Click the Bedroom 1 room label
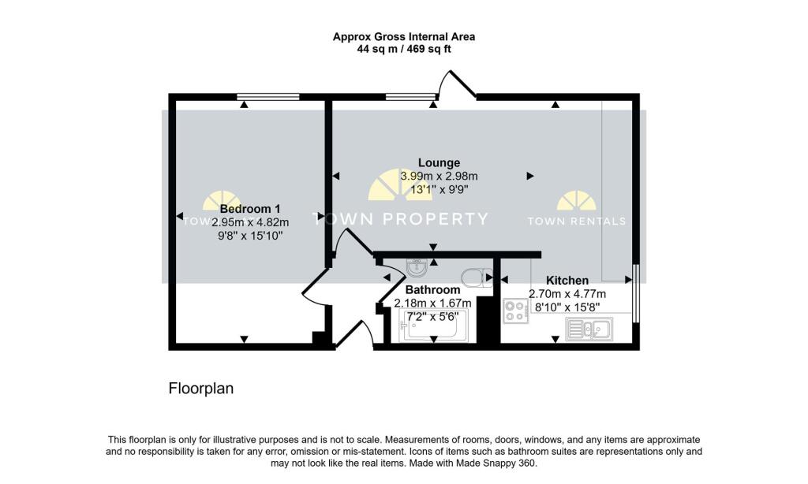pyautogui.click(x=249, y=209)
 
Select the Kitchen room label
pyautogui.click(x=567, y=280)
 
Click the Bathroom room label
pyautogui.click(x=432, y=290)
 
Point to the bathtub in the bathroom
pyautogui.click(x=435, y=326)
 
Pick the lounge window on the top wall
pyautogui.click(x=410, y=97)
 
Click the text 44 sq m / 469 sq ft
pyautogui.click(x=403, y=49)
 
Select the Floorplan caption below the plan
pyautogui.click(x=201, y=389)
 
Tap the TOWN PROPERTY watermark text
pyautogui.click(x=402, y=219)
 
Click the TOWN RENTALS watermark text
pyautogui.click(x=577, y=221)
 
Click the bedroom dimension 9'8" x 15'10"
pyautogui.click(x=250, y=235)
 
